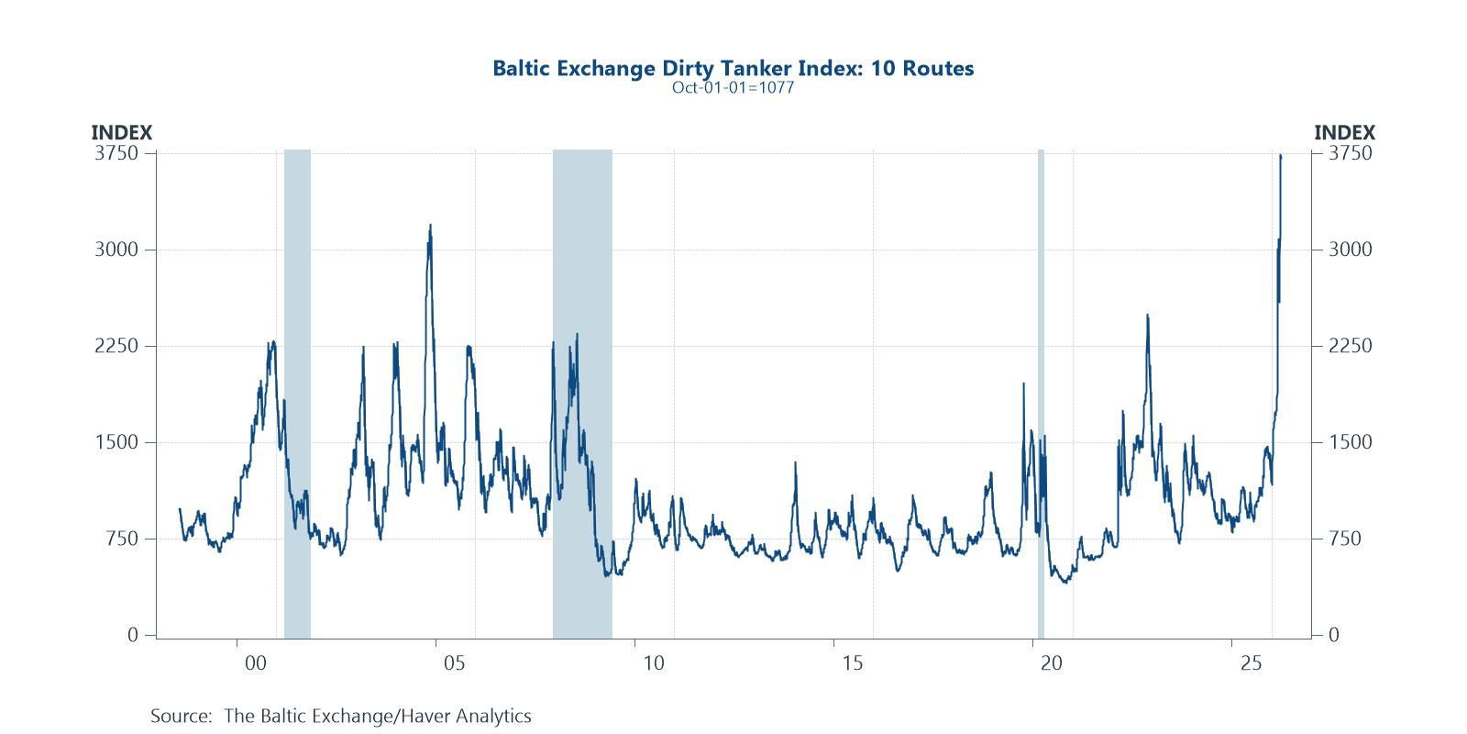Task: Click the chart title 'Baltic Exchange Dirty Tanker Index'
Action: pos(733,68)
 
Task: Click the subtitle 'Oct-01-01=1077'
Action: pos(733,88)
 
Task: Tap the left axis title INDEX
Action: pos(121,133)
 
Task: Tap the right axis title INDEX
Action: pos(1344,133)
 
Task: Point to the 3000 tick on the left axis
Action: pos(117,250)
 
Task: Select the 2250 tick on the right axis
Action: pos(1351,346)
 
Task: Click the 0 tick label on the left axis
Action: pos(134,635)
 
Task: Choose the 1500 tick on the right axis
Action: pos(1351,442)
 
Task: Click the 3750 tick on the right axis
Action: pos(1351,153)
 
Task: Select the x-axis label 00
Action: pos(255,663)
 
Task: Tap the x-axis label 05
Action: pos(454,663)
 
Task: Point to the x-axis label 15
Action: pos(852,663)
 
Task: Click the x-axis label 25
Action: pos(1250,663)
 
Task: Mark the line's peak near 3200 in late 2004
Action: pos(430,226)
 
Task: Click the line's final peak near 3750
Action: pos(1280,156)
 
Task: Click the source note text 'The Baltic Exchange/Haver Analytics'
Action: pos(377,716)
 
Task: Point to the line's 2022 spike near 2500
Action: pos(1147,316)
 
